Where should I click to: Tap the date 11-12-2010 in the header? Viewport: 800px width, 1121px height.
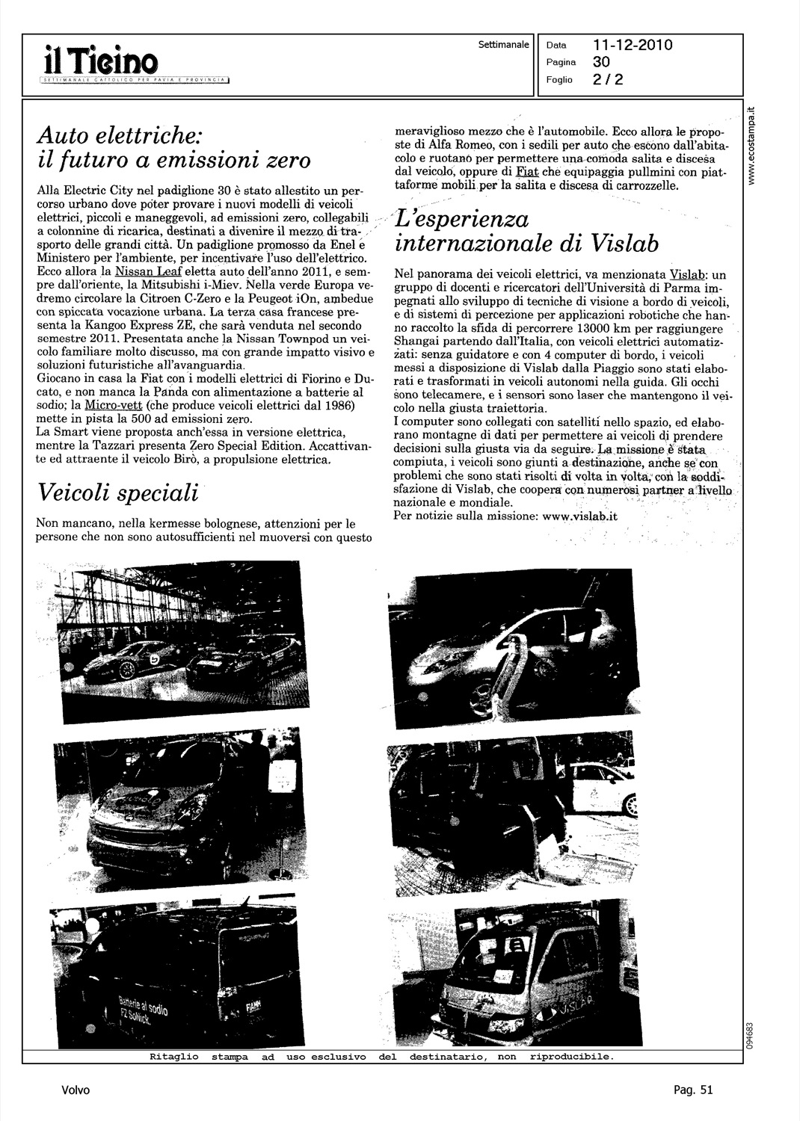tap(633, 46)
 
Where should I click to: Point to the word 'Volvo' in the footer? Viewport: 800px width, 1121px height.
tap(76, 1090)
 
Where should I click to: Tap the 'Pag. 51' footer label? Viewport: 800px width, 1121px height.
tap(693, 1090)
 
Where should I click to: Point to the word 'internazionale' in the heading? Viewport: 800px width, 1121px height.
tap(476, 245)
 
